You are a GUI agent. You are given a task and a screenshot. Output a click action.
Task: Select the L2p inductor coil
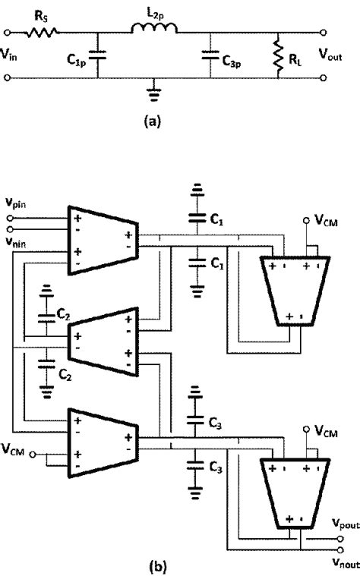pyautogui.click(x=155, y=31)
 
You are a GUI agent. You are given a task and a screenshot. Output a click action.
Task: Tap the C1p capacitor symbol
pyautogui.click(x=96, y=55)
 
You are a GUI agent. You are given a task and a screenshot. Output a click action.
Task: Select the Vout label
pyautogui.click(x=337, y=55)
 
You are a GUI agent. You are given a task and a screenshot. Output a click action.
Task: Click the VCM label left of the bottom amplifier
pyautogui.click(x=24, y=447)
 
